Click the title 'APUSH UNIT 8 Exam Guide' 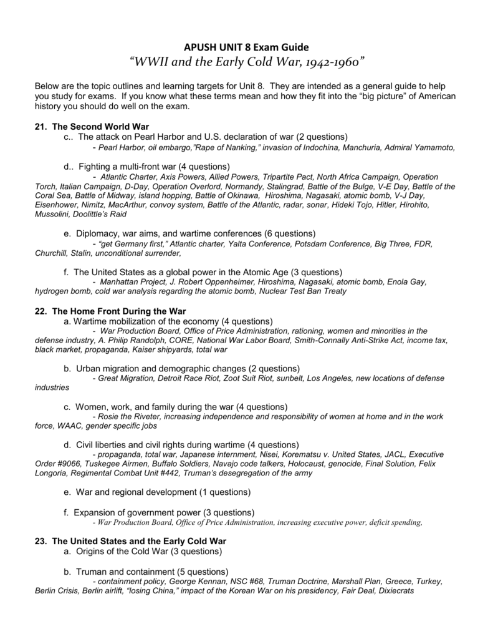pyautogui.click(x=246, y=47)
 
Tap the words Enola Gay pyautogui.click(x=408, y=283)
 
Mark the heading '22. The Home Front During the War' pyautogui.click(x=110, y=311)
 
